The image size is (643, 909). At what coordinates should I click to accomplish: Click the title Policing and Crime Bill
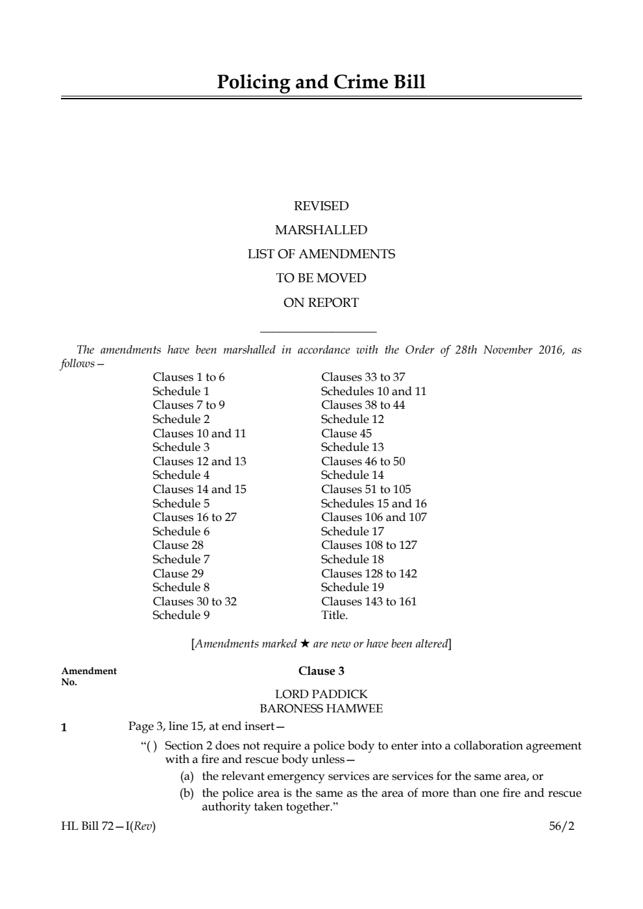321,82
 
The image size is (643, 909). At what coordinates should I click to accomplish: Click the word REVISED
321,206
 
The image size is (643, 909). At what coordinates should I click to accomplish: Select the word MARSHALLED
321,230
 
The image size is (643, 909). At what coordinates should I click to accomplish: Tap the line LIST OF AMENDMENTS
321,254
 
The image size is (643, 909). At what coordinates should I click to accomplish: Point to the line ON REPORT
321,302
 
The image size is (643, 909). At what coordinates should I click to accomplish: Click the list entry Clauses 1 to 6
189,377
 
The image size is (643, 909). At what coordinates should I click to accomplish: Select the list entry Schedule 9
181,615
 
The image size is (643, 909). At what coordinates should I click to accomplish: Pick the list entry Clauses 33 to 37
363,377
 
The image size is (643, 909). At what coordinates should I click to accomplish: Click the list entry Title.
335,615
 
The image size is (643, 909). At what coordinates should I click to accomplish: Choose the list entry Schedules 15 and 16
374,503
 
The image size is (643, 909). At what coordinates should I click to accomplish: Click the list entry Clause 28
178,545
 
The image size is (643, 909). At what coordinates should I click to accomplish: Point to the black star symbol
305,644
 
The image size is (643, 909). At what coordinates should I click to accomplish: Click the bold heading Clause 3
321,671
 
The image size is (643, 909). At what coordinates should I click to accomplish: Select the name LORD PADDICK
321,694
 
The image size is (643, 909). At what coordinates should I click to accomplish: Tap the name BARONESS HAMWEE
321,709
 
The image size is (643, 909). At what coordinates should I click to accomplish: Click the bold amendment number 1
64,727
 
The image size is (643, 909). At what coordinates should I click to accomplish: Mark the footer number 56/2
561,827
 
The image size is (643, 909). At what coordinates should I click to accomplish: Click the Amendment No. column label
89,676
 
